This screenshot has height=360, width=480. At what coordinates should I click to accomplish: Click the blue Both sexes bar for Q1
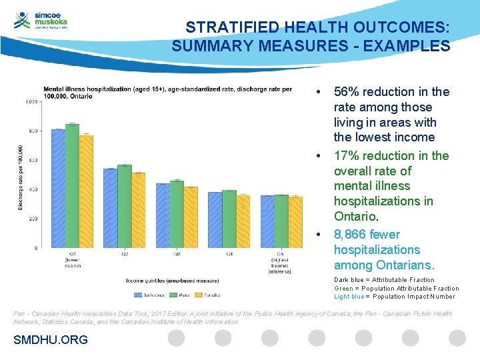click(58, 188)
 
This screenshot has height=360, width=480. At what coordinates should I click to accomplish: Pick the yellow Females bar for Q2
click(138, 210)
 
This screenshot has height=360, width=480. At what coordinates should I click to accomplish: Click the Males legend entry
click(179, 293)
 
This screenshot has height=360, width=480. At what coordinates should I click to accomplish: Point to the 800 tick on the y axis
click(33, 131)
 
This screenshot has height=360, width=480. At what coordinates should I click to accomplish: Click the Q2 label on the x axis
click(124, 254)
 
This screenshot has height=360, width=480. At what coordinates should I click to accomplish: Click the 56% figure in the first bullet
click(345, 92)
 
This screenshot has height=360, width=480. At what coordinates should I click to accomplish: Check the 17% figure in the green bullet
click(345, 156)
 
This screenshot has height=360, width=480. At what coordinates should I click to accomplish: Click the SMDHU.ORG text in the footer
click(51, 340)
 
